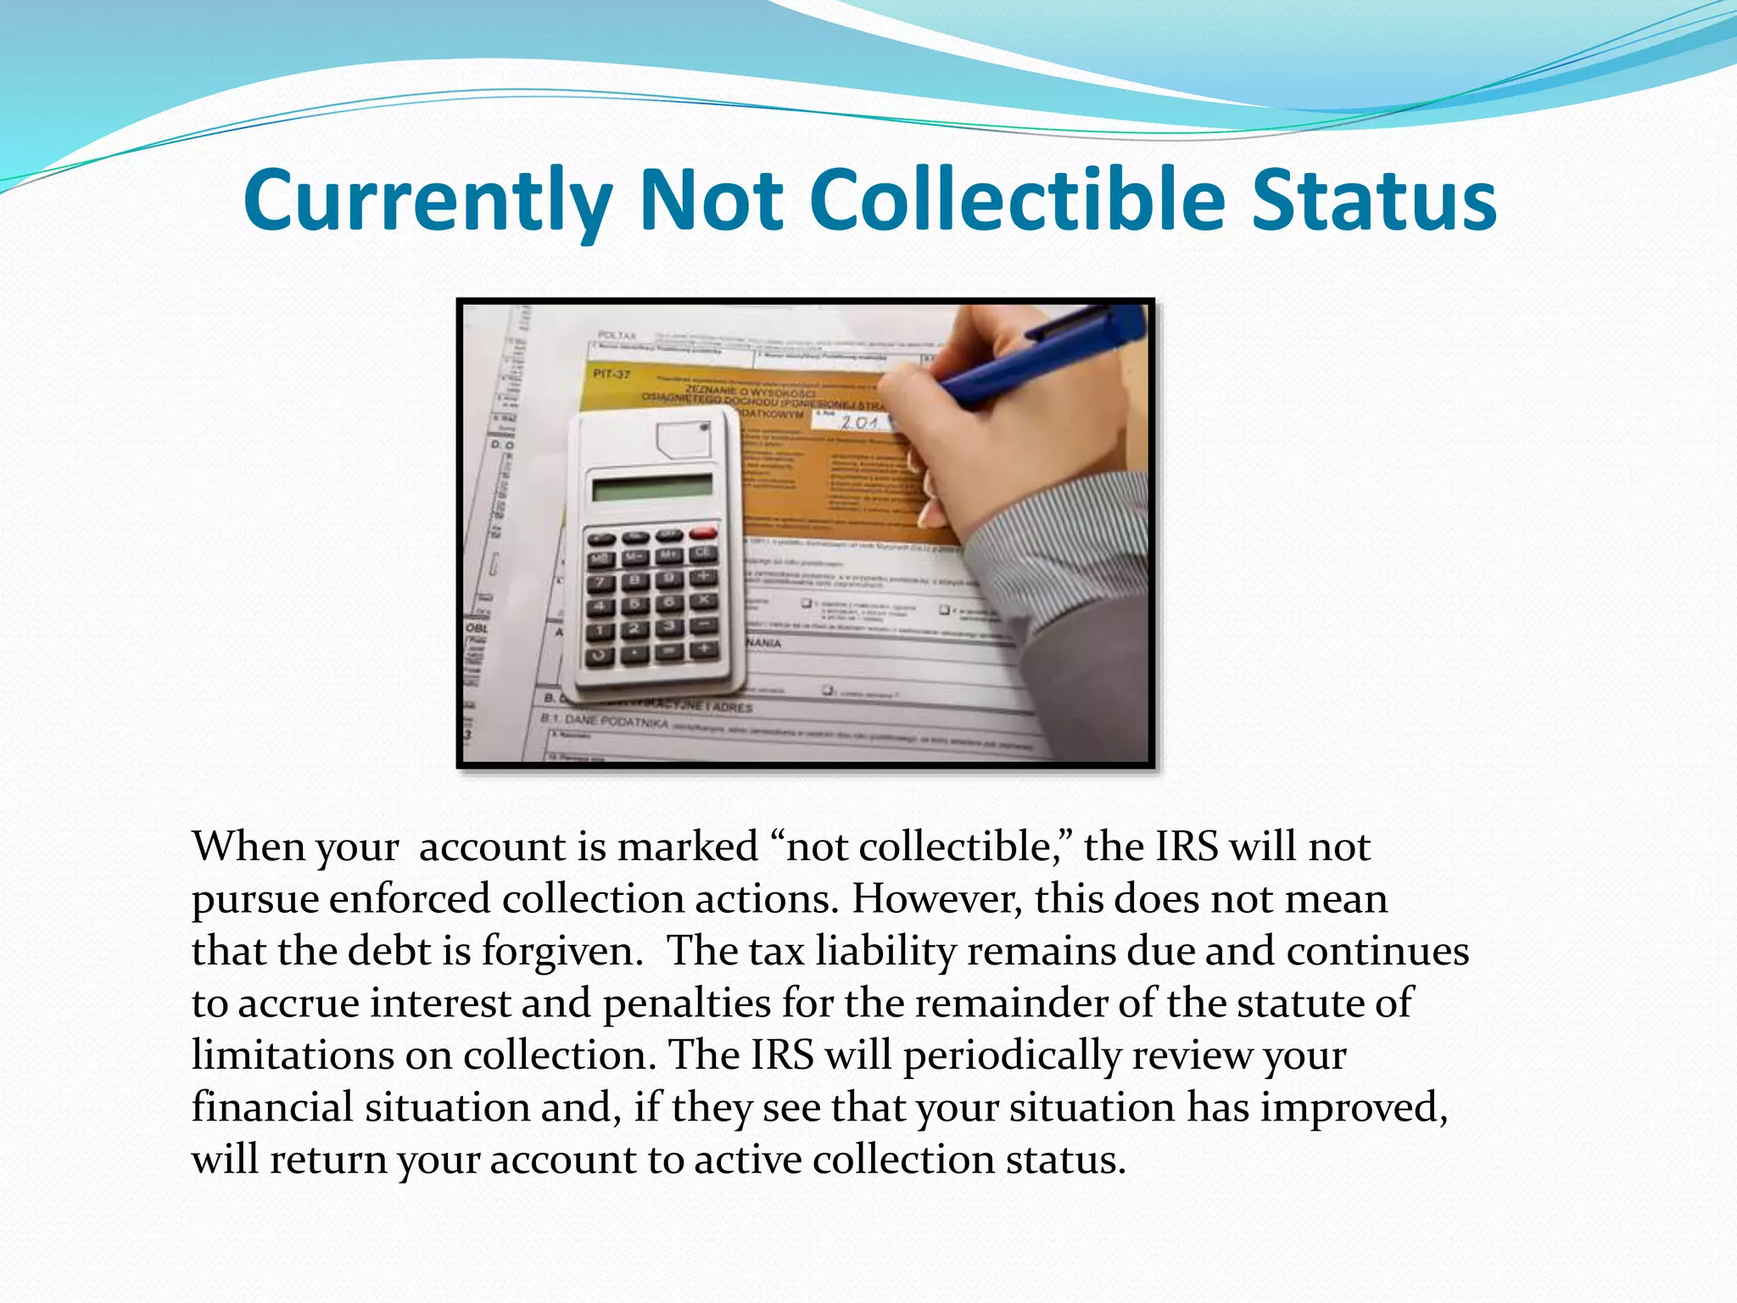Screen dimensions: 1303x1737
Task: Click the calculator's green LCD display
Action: pyautogui.click(x=652, y=488)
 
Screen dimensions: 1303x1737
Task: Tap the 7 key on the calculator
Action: pyautogui.click(x=601, y=583)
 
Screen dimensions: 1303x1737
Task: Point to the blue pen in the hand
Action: pyautogui.click(x=1043, y=356)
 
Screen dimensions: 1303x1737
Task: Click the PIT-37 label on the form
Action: pyautogui.click(x=612, y=373)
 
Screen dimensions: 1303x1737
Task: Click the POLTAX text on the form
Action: pyautogui.click(x=617, y=336)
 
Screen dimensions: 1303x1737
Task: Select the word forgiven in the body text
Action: pyautogui.click(x=562, y=951)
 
